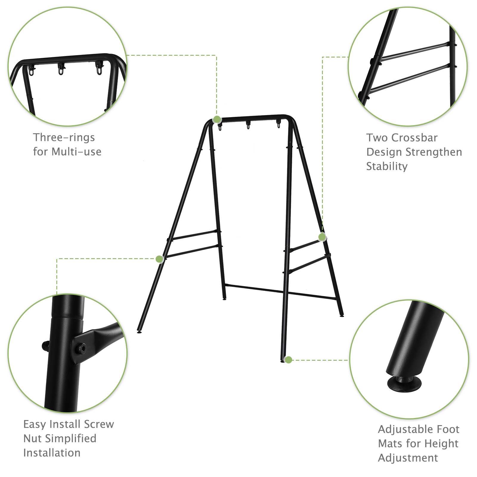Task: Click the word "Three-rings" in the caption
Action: click(x=64, y=138)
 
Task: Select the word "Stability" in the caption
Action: click(x=387, y=166)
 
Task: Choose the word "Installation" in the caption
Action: click(x=52, y=453)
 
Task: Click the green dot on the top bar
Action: click(x=217, y=120)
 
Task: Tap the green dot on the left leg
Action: click(x=159, y=259)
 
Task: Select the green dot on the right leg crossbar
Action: click(x=322, y=237)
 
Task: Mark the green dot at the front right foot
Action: click(x=288, y=360)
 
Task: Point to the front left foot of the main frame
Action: click(x=139, y=332)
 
